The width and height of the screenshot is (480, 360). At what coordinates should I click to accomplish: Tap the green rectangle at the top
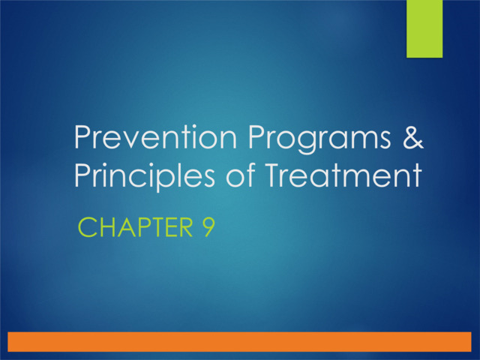coord(424,28)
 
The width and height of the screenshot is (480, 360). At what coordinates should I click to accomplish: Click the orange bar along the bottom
coord(240,341)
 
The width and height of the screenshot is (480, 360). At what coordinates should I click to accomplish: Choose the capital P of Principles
coord(81,177)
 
